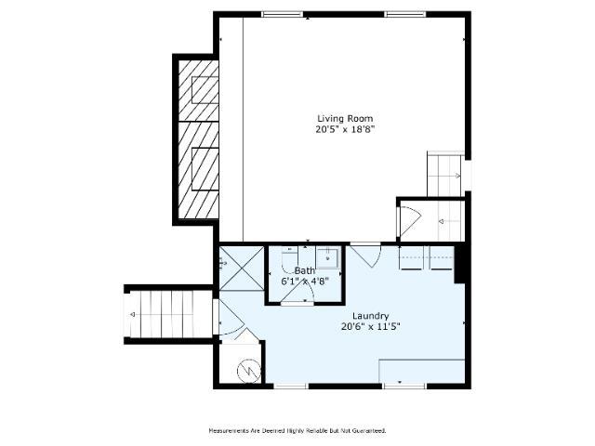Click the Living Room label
coord(344,118)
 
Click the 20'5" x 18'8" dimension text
coord(344,130)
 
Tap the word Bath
coord(305,270)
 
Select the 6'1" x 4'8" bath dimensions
coord(305,281)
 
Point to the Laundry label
coord(370,316)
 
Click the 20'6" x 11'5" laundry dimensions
coord(370,326)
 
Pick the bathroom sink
coord(327,257)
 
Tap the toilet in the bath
coord(288,258)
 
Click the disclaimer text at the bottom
coord(297,430)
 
